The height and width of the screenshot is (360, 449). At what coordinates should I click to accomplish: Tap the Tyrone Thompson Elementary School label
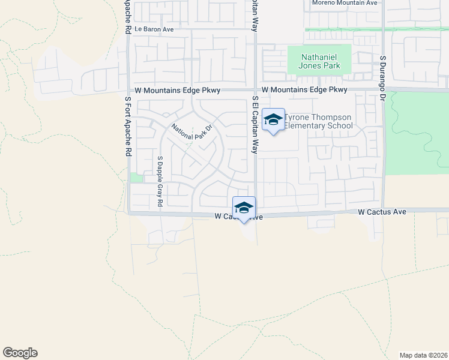(318, 121)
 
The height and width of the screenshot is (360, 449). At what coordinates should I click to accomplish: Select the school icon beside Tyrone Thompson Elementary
(273, 119)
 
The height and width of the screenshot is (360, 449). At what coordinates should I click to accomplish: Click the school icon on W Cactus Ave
(244, 208)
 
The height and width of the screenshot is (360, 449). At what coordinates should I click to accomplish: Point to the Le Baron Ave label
(154, 29)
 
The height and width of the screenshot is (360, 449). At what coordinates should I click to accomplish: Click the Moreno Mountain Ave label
(345, 3)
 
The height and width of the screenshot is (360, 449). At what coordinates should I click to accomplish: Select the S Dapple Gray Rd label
(160, 182)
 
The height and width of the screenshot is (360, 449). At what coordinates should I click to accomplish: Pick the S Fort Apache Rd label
(128, 127)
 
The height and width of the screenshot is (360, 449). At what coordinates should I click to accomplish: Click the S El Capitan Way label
(255, 125)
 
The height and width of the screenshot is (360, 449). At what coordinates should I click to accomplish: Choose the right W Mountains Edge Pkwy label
(305, 90)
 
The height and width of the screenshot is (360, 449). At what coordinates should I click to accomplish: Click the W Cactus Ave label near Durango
(382, 212)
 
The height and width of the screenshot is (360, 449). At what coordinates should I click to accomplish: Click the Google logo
(20, 353)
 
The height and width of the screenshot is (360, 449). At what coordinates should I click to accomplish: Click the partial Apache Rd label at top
(128, 16)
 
